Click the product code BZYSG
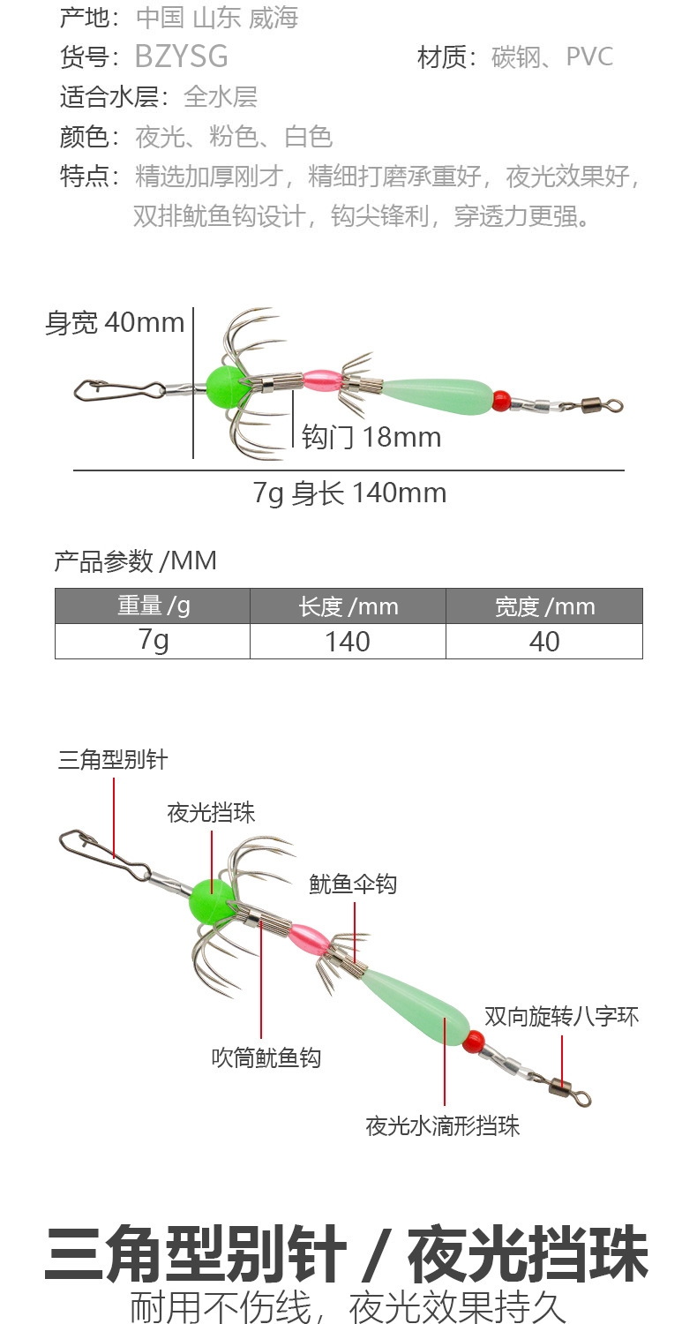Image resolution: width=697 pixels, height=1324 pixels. tap(181, 57)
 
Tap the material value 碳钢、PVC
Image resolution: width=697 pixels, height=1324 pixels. tap(552, 57)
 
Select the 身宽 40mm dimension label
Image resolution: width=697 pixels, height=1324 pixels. tap(115, 323)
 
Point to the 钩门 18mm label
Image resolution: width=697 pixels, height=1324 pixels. tap(371, 437)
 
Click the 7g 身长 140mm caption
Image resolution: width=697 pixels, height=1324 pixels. tap(349, 493)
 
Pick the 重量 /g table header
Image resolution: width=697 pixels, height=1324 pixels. tap(153, 606)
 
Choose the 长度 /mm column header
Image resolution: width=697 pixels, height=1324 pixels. tap(348, 606)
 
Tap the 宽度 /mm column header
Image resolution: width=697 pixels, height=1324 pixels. tap(543, 606)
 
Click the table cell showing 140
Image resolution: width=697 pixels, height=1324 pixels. tap(348, 642)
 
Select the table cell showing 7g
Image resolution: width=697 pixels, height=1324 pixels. tap(153, 642)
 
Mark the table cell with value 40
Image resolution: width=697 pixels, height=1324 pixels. tap(543, 642)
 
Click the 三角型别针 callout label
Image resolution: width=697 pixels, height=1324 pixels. tap(113, 760)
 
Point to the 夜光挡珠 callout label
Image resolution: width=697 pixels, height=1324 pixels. tap(212, 813)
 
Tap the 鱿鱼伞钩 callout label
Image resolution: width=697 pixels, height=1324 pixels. tap(353, 884)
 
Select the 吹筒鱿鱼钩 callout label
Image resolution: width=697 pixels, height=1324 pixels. tap(266, 1057)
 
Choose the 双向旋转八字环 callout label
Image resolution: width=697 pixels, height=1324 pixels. tap(562, 1017)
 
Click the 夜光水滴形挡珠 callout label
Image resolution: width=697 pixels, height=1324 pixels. tap(443, 1125)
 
